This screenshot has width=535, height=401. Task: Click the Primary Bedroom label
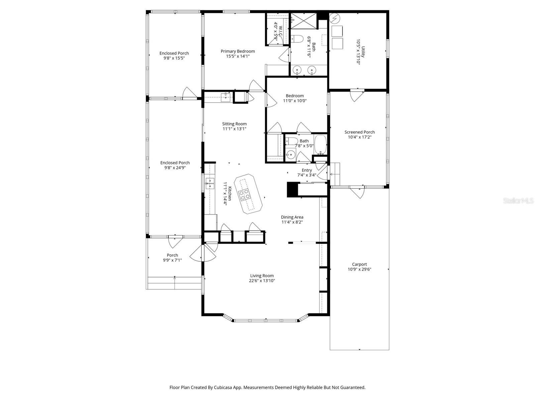pyautogui.click(x=238, y=51)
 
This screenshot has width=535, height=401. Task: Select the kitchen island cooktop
pyautogui.click(x=244, y=194)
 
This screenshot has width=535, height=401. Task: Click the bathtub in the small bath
pyautogui.click(x=320, y=144)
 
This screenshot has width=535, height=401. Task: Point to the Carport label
pyautogui.click(x=359, y=264)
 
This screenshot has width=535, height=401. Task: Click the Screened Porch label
pyautogui.click(x=359, y=132)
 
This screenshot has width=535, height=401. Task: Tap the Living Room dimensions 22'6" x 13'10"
pyautogui.click(x=262, y=281)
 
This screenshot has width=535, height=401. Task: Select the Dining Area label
pyautogui.click(x=292, y=217)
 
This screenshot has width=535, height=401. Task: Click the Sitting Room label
pyautogui.click(x=234, y=124)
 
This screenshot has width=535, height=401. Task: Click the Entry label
pyautogui.click(x=307, y=170)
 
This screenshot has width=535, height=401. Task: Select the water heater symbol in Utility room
pyautogui.click(x=335, y=18)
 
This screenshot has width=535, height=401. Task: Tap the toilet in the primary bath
pyautogui.click(x=296, y=38)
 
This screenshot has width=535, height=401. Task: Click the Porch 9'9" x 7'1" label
pyautogui.click(x=172, y=258)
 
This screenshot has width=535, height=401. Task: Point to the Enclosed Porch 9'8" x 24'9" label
pyautogui.click(x=175, y=165)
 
